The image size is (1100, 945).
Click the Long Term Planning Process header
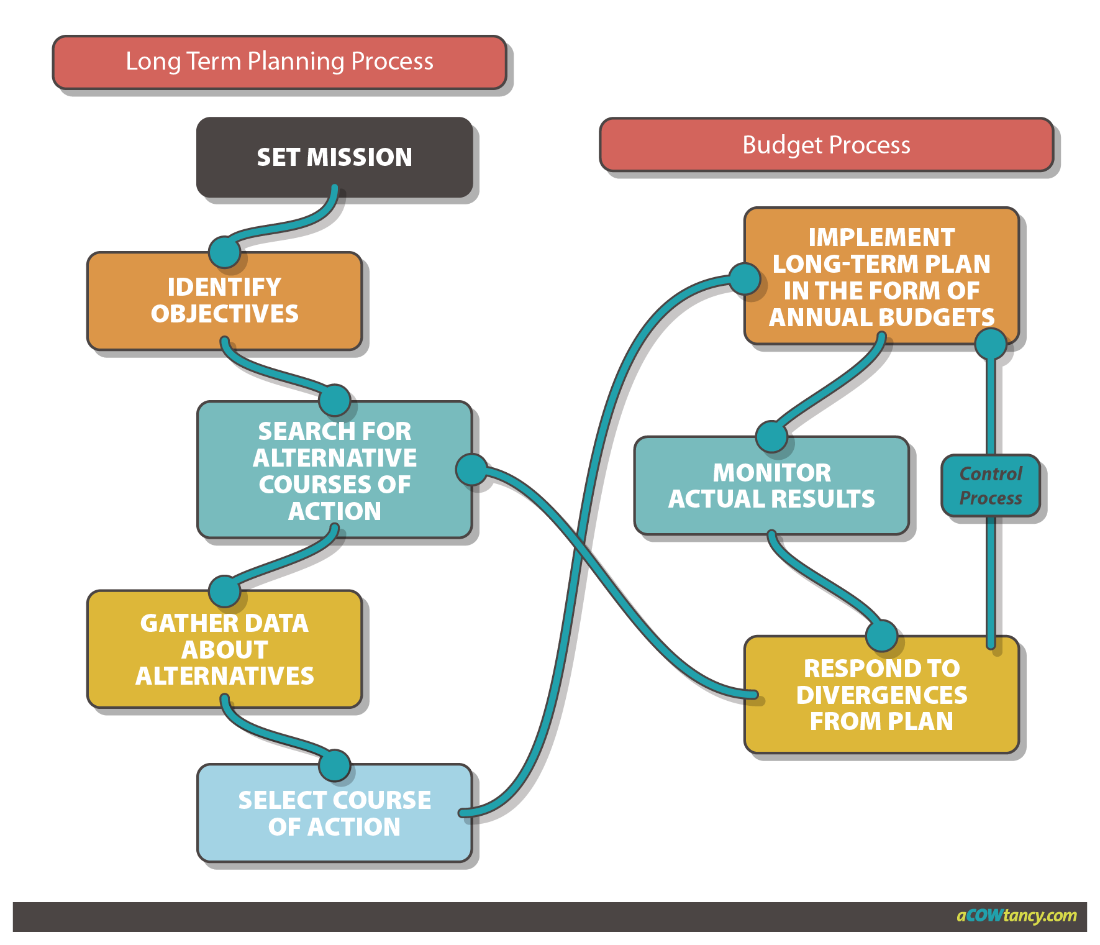pos(280,62)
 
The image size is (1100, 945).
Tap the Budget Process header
pos(826,145)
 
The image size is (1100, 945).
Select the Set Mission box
pos(334,157)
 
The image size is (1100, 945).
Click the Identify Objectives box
pos(224,301)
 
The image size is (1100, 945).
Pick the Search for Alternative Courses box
pos(334,470)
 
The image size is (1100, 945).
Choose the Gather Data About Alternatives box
pos(224,649)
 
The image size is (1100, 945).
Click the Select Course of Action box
pos(334,813)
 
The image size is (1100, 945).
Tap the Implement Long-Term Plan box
pos(881,277)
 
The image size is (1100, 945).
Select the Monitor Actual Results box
pos(771,486)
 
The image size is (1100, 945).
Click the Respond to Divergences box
pos(881,695)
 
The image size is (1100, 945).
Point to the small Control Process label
pos(990,486)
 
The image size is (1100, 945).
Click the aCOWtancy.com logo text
pos(1016,915)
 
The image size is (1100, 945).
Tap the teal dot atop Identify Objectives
pos(224,252)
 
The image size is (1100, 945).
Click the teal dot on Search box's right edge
pos(472,470)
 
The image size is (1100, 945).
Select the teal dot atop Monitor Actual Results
pos(771,436)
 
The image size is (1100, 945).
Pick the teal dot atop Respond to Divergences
pos(881,636)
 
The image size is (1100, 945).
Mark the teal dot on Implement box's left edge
pos(744,278)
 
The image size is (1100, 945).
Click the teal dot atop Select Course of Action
pos(335,765)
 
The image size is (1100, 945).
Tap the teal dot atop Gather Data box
pos(224,591)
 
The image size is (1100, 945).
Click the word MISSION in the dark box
pos(359,157)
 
